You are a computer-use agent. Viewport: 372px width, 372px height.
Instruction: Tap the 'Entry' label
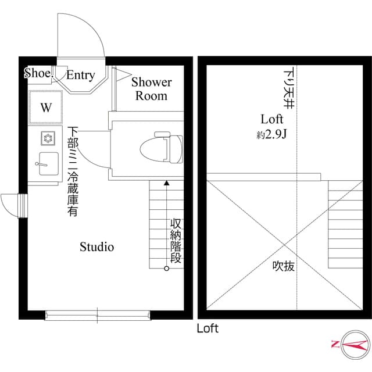coord(80,75)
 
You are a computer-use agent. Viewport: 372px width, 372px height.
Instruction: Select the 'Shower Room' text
coord(151,89)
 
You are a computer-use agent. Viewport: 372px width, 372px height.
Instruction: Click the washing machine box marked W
coord(45,108)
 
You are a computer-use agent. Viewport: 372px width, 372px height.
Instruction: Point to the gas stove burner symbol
coord(47,138)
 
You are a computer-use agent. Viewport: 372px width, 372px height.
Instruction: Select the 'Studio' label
coord(96,247)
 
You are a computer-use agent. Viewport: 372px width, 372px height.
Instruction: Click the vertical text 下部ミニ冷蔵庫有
coord(73,171)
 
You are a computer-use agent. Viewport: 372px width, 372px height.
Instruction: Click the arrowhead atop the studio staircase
coord(167,184)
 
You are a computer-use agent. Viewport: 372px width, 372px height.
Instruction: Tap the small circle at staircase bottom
coord(167,269)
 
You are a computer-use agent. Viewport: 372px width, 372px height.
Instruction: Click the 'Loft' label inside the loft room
coord(271,119)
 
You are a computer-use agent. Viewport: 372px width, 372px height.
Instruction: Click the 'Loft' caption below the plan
coord(207,329)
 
